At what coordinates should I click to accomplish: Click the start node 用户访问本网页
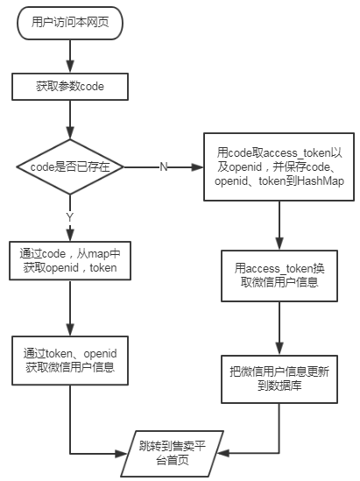coord(70,23)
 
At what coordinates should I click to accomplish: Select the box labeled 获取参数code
coord(70,87)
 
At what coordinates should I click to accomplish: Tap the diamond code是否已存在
coord(70,167)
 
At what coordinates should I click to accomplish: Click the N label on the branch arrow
coord(164,167)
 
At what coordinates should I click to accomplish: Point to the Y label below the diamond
coord(70,217)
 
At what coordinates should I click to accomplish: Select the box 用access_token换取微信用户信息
coord(279,276)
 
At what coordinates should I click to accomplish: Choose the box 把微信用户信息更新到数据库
coord(279,379)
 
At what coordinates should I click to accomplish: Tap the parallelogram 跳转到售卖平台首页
coord(172,454)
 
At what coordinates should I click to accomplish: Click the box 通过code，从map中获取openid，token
coord(70,261)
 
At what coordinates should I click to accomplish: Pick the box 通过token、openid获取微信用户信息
coord(70,360)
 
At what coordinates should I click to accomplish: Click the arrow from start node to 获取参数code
coord(70,56)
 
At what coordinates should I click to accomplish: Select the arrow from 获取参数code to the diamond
coord(70,120)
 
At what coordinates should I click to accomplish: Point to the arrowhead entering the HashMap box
coord(197,167)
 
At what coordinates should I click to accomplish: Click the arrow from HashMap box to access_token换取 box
coord(279,225)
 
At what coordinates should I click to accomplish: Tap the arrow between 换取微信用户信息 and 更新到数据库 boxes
coord(279,329)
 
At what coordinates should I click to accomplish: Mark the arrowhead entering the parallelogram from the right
coord(223,453)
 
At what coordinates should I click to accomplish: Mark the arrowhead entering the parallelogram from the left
coord(121,453)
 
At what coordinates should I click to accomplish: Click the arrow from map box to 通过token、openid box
coord(70,308)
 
